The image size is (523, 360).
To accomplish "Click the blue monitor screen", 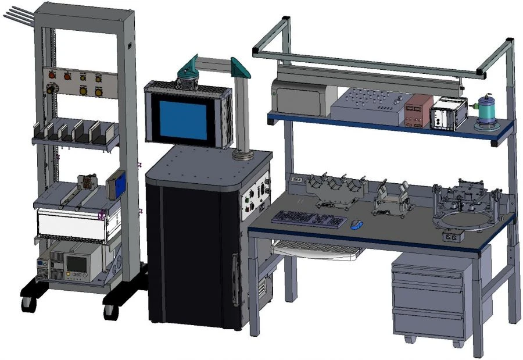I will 184,120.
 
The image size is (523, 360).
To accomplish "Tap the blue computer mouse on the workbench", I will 357,224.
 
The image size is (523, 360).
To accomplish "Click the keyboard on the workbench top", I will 309,219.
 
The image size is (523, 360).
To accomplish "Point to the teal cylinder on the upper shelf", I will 486,109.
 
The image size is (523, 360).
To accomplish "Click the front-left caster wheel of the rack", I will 27,303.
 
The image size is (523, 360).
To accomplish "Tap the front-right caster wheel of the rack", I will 110,310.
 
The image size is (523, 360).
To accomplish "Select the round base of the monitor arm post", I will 240,155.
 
